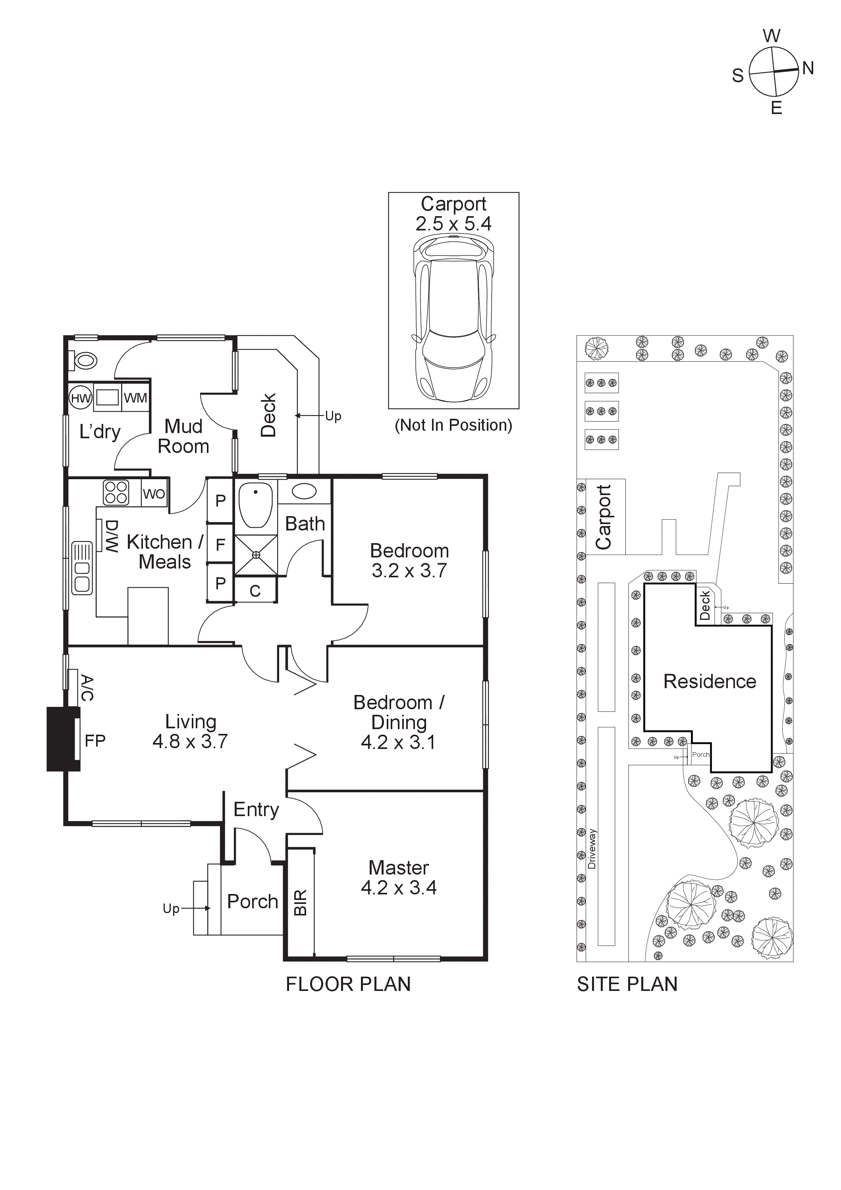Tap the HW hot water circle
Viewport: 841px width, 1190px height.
click(x=80, y=398)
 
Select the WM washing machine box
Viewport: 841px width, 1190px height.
click(x=135, y=398)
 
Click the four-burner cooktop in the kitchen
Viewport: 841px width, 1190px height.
click(x=116, y=492)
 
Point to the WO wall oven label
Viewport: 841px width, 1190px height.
click(x=154, y=493)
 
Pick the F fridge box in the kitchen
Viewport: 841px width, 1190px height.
click(x=220, y=544)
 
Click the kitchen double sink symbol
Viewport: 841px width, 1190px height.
click(x=82, y=568)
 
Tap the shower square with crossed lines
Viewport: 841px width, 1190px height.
click(x=256, y=555)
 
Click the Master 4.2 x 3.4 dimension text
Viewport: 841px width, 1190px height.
click(x=398, y=888)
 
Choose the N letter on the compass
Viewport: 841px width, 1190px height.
click(x=808, y=68)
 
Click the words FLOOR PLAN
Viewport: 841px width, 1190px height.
click(x=348, y=984)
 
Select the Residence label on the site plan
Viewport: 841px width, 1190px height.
click(x=710, y=681)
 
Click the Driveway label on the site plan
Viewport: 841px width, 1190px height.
click(x=592, y=848)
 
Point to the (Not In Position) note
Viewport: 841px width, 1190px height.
click(x=453, y=425)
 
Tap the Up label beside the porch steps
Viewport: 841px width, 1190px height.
click(x=171, y=908)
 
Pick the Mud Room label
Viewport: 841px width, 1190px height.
click(x=183, y=436)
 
